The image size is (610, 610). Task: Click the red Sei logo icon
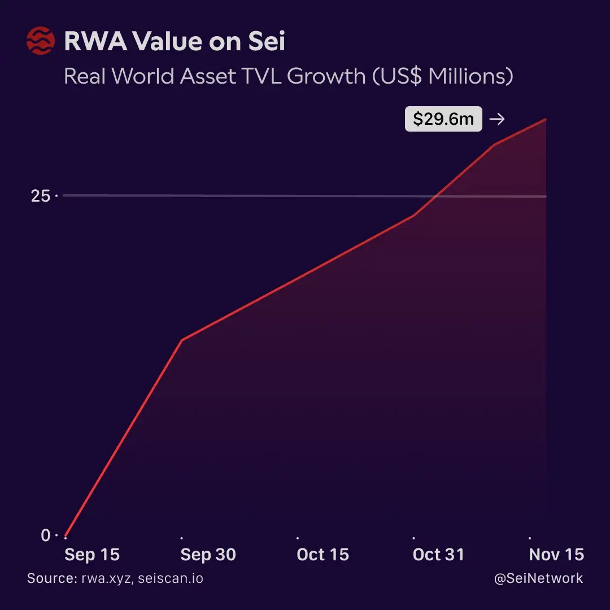[x=41, y=42]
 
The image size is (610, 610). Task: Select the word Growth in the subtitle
[x=326, y=76]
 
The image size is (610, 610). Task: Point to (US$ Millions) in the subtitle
[x=443, y=76]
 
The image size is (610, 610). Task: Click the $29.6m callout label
[x=443, y=119]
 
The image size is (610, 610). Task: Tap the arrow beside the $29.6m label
[x=497, y=119]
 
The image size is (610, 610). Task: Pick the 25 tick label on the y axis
[x=41, y=196]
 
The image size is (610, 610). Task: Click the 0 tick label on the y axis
[x=46, y=535]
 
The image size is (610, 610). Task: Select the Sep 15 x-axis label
[x=92, y=555]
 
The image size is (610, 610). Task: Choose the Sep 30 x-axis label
[x=208, y=555]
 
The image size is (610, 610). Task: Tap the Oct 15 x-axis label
[x=323, y=555]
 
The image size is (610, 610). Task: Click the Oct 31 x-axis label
[x=438, y=555]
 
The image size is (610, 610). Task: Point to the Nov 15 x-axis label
[x=556, y=555]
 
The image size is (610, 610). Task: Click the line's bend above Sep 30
[x=181, y=340]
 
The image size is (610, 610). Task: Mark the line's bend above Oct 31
[x=414, y=216]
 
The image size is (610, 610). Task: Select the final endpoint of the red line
[x=545, y=119]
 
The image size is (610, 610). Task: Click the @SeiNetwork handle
[x=538, y=579]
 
